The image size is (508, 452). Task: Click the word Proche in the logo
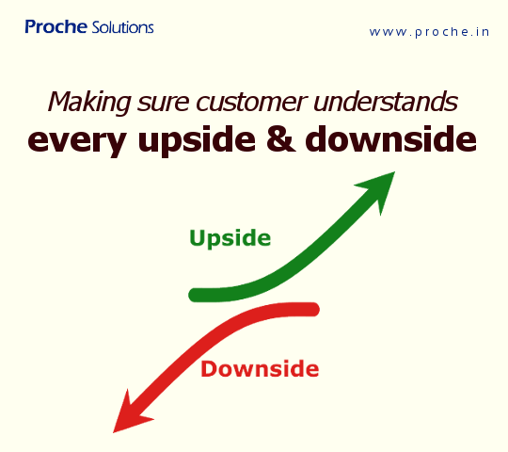click(56, 27)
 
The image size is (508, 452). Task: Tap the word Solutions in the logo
click(123, 28)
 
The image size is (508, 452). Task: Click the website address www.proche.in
click(429, 31)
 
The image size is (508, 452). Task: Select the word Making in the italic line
click(84, 102)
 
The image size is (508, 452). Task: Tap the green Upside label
click(230, 237)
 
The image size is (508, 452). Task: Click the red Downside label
click(260, 368)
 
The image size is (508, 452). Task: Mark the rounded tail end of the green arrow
click(196, 295)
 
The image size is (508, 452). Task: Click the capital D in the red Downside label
click(209, 368)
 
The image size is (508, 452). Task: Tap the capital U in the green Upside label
click(198, 237)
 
